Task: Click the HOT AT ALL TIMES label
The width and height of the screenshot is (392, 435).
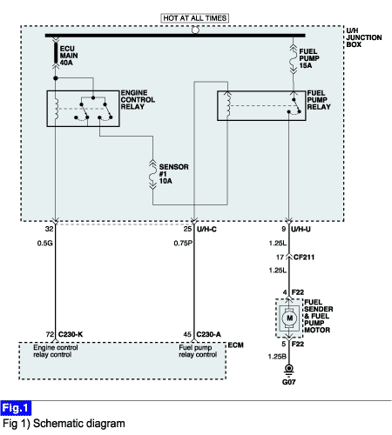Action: (194, 18)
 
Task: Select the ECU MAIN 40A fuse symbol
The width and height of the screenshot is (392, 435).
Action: (56, 53)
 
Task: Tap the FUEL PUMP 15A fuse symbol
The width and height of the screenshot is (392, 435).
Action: (294, 59)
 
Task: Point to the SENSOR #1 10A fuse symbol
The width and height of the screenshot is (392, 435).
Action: (152, 175)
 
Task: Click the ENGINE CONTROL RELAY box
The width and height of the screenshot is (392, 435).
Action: (83, 109)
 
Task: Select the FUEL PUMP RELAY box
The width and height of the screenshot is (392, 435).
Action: (261, 105)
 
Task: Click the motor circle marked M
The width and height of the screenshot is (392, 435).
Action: (289, 318)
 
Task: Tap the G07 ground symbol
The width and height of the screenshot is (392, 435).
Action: (288, 371)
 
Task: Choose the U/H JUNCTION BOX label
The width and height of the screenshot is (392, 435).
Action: (363, 37)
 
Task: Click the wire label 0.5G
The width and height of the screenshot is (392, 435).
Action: (44, 243)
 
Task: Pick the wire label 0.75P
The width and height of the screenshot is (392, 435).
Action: (183, 243)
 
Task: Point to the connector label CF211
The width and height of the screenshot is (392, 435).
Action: (304, 258)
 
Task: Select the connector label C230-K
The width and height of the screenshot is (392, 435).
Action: (71, 334)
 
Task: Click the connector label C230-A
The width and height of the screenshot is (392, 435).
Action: (208, 334)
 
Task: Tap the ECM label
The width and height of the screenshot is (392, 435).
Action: (235, 345)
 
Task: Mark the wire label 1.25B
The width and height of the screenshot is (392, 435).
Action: (277, 357)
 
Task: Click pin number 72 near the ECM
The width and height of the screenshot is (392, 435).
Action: (50, 334)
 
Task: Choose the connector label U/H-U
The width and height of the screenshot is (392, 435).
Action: (301, 229)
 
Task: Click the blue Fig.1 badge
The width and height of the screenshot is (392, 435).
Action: (16, 408)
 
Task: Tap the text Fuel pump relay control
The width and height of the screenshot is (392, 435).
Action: (198, 351)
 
